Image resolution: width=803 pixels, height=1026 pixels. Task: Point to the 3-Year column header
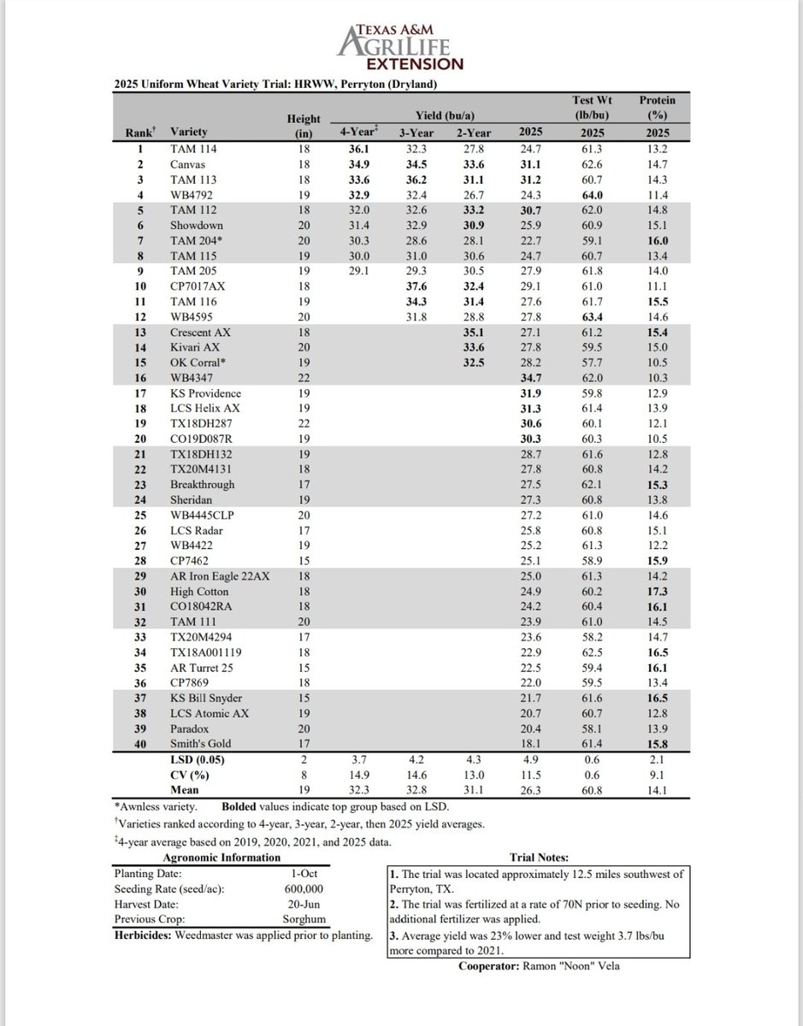tap(416, 132)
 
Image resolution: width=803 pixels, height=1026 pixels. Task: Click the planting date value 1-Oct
tap(304, 875)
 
